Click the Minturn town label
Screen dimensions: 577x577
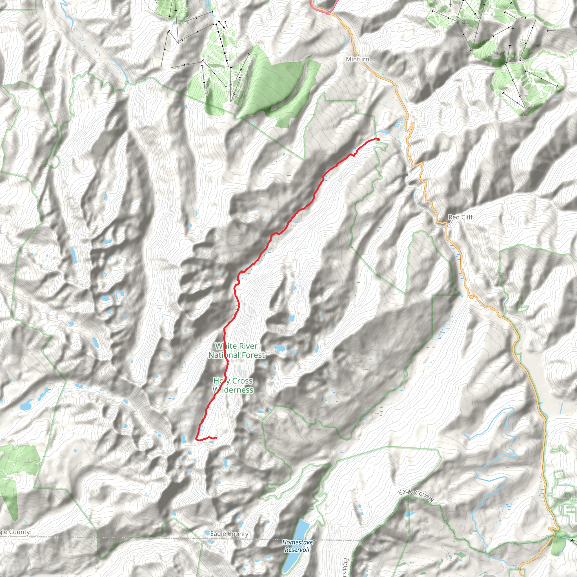point(358,59)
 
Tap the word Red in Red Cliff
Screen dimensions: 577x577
point(454,217)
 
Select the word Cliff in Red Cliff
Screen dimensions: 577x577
point(467,217)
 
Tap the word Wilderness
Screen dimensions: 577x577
point(233,390)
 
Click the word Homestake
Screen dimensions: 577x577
point(298,542)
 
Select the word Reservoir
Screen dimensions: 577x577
point(298,549)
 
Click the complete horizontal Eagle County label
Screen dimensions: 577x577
point(229,534)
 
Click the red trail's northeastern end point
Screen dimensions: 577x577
point(378,139)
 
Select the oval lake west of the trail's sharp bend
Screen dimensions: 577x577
point(183,439)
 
